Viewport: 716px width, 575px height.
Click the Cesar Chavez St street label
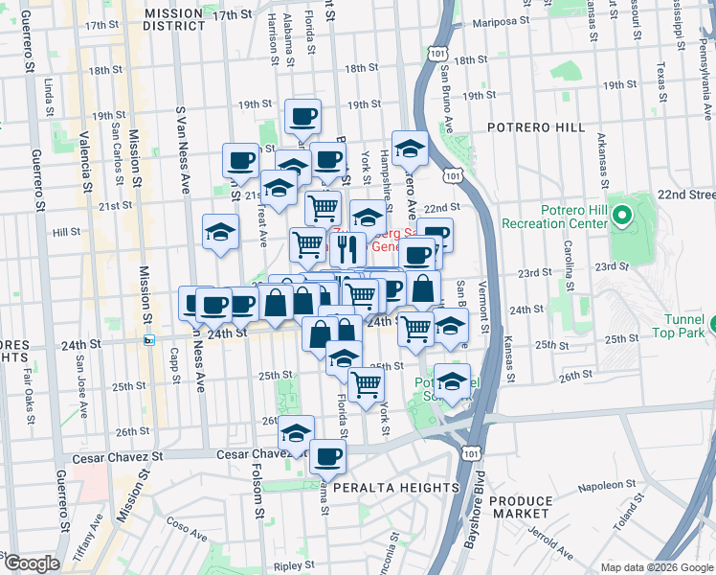click(x=242, y=454)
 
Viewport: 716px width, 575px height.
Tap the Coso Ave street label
click(x=179, y=523)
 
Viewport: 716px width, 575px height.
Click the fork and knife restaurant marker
click(x=347, y=249)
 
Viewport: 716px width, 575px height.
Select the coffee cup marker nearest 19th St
click(x=303, y=116)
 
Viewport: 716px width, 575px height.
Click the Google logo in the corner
click(x=31, y=563)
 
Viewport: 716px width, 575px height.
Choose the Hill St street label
click(x=66, y=232)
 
